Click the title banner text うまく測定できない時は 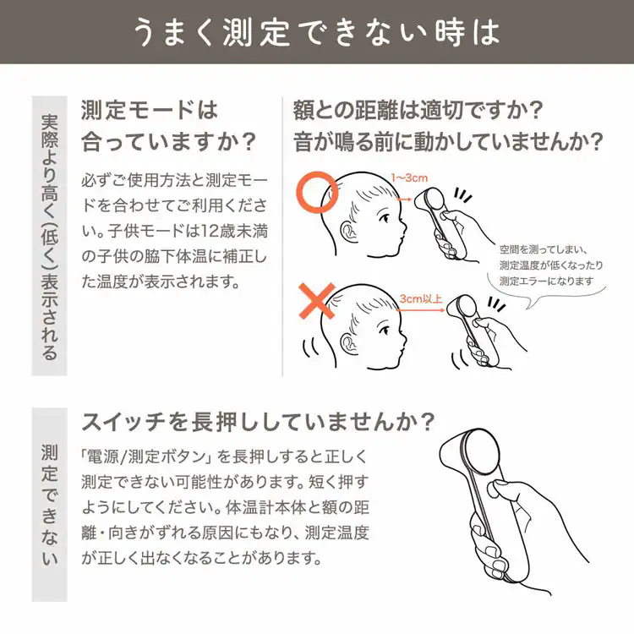[316, 31]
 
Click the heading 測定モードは [149, 110]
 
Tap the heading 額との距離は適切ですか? [418, 110]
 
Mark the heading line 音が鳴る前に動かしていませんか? [448, 140]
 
